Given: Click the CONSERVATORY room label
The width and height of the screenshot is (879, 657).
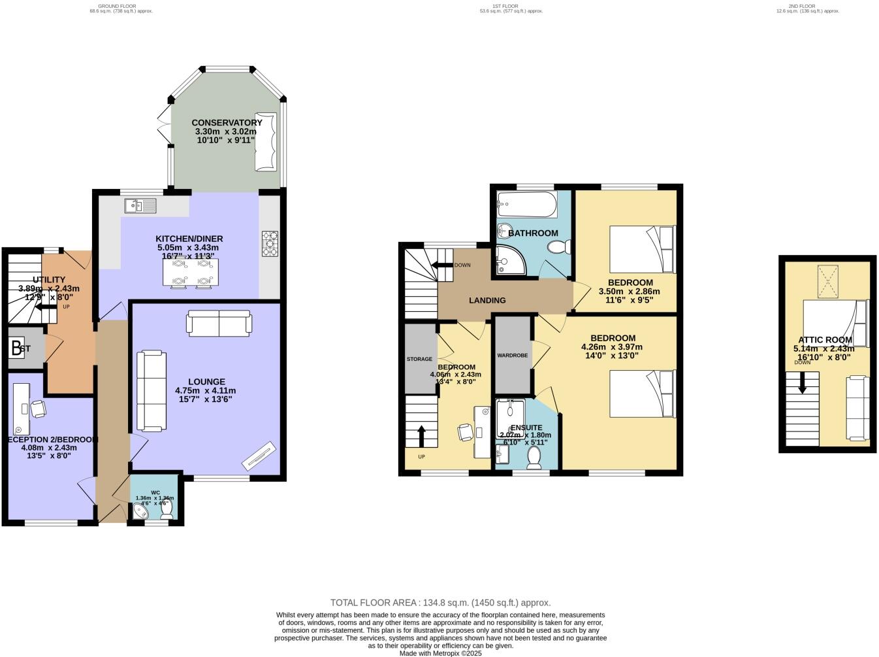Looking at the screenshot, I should (227, 122).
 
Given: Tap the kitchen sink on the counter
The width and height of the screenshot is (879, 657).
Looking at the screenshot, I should (141, 207).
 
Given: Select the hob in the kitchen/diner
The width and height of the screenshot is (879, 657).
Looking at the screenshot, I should (269, 244).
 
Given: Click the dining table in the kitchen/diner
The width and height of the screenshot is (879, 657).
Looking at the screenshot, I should (190, 273).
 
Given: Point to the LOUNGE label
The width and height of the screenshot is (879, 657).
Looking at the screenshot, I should (206, 382).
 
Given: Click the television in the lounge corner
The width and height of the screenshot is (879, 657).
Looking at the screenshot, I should (259, 456).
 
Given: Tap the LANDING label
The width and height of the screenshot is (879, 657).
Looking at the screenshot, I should (487, 300).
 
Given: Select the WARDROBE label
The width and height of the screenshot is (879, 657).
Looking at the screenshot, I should (512, 356).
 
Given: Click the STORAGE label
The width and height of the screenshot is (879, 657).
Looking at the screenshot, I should (419, 359).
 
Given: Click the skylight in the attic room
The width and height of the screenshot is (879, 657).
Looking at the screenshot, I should (827, 282).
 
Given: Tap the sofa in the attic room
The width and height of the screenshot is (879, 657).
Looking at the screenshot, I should (856, 408).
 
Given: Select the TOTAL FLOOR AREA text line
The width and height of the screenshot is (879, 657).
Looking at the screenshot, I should (440, 603).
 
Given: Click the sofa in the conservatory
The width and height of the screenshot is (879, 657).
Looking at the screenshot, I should (266, 142).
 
